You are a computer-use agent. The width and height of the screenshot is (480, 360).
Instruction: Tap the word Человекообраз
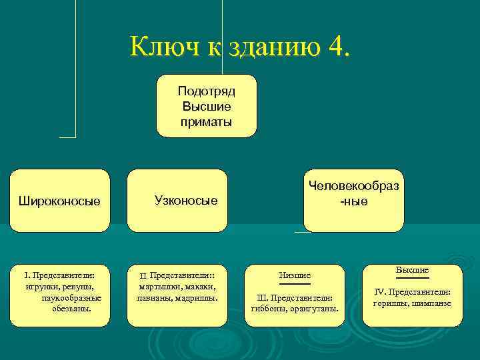pyautogui.click(x=353, y=187)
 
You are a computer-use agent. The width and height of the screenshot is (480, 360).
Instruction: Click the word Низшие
pyautogui.click(x=295, y=275)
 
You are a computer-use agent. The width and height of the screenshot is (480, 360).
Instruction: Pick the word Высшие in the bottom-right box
pyautogui.click(x=412, y=270)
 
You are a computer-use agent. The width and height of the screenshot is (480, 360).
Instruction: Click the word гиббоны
pyautogui.click(x=267, y=309)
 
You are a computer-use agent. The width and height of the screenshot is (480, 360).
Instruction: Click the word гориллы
pyautogui.click(x=389, y=303)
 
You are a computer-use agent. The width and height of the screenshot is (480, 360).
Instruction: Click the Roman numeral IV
pyautogui.click(x=380, y=292)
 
